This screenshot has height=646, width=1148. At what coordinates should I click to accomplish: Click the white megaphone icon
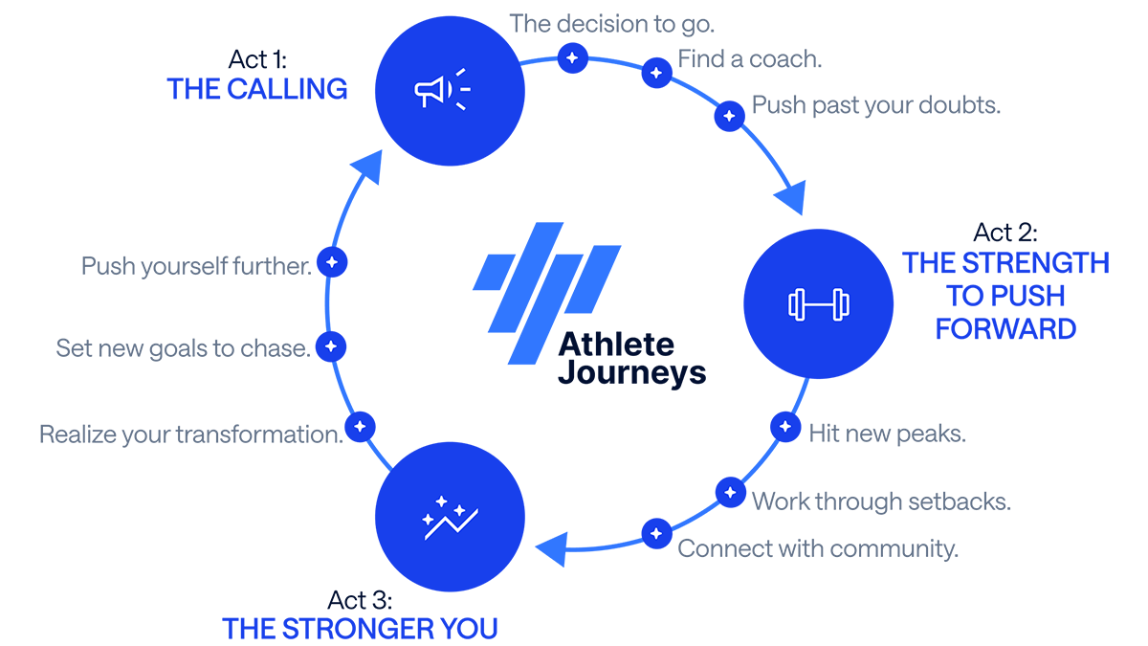[430, 92]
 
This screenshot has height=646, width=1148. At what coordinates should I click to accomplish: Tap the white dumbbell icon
[818, 304]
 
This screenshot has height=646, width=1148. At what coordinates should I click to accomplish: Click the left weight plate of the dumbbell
[796, 304]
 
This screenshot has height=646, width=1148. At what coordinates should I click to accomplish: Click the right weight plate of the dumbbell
[841, 304]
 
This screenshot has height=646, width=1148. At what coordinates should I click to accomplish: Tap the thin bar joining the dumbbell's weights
[818, 304]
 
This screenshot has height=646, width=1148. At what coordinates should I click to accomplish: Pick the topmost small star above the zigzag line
[442, 500]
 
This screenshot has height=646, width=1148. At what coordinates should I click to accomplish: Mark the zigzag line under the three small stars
[452, 524]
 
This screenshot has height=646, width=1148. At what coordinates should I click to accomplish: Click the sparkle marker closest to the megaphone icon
[571, 57]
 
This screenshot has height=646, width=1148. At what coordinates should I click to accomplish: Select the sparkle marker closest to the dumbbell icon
[785, 426]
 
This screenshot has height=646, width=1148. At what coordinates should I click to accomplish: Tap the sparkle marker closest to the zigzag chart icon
[360, 426]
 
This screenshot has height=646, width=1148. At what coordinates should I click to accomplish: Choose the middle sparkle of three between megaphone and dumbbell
[655, 73]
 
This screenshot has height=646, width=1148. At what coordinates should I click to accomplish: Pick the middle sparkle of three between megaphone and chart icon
[331, 345]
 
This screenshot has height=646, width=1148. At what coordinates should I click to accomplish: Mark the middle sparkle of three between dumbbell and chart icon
[730, 492]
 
